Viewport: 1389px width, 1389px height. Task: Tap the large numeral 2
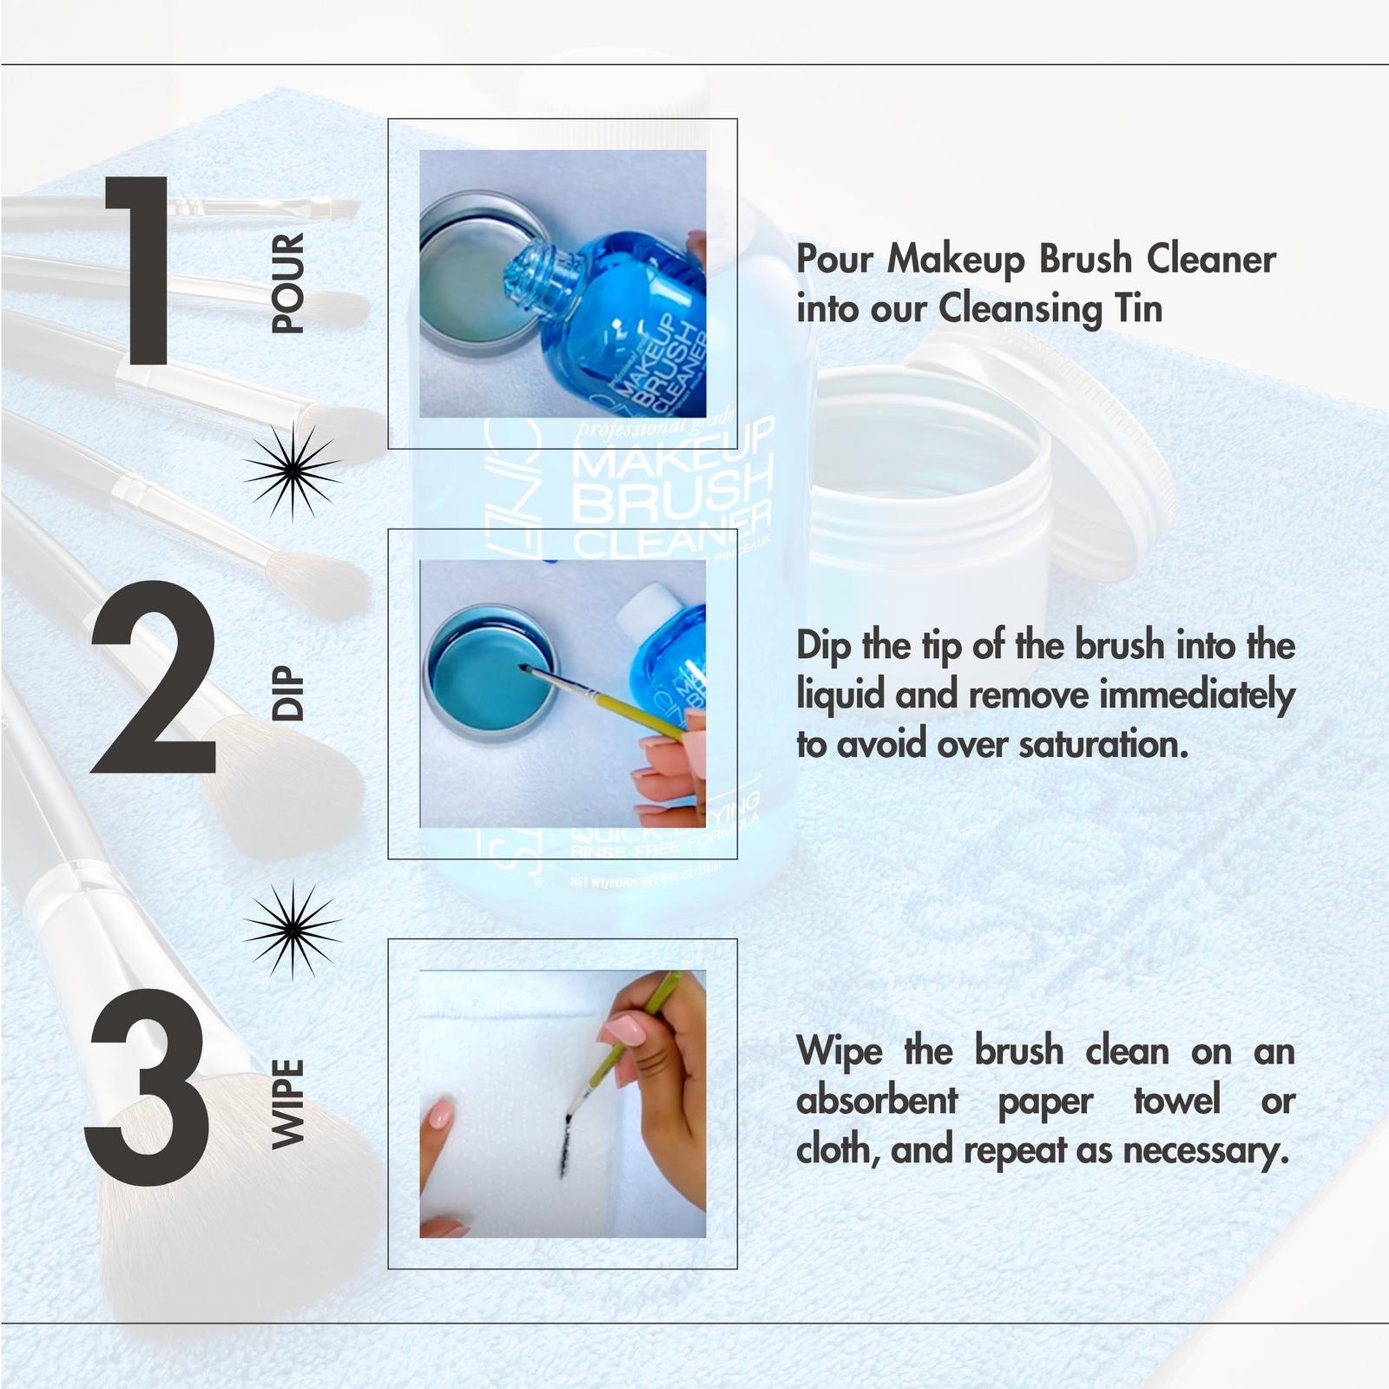click(x=155, y=677)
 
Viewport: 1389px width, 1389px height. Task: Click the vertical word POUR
click(x=288, y=283)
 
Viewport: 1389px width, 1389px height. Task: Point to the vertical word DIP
click(x=288, y=693)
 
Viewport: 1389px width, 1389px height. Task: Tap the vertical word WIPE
click(x=288, y=1104)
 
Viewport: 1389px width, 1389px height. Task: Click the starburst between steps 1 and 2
click(x=292, y=471)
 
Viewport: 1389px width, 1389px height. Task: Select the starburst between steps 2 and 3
click(x=292, y=929)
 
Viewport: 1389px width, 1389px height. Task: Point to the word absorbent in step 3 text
click(x=877, y=1102)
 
